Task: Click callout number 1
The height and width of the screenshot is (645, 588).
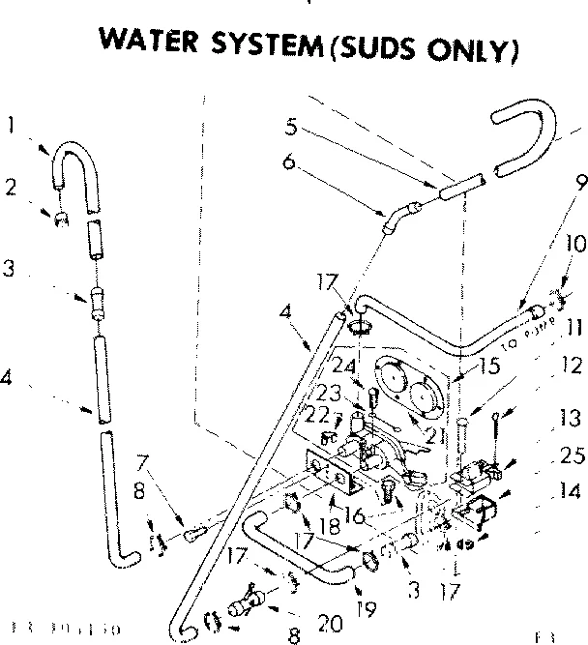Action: (10, 124)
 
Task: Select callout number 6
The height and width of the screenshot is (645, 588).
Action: (287, 161)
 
